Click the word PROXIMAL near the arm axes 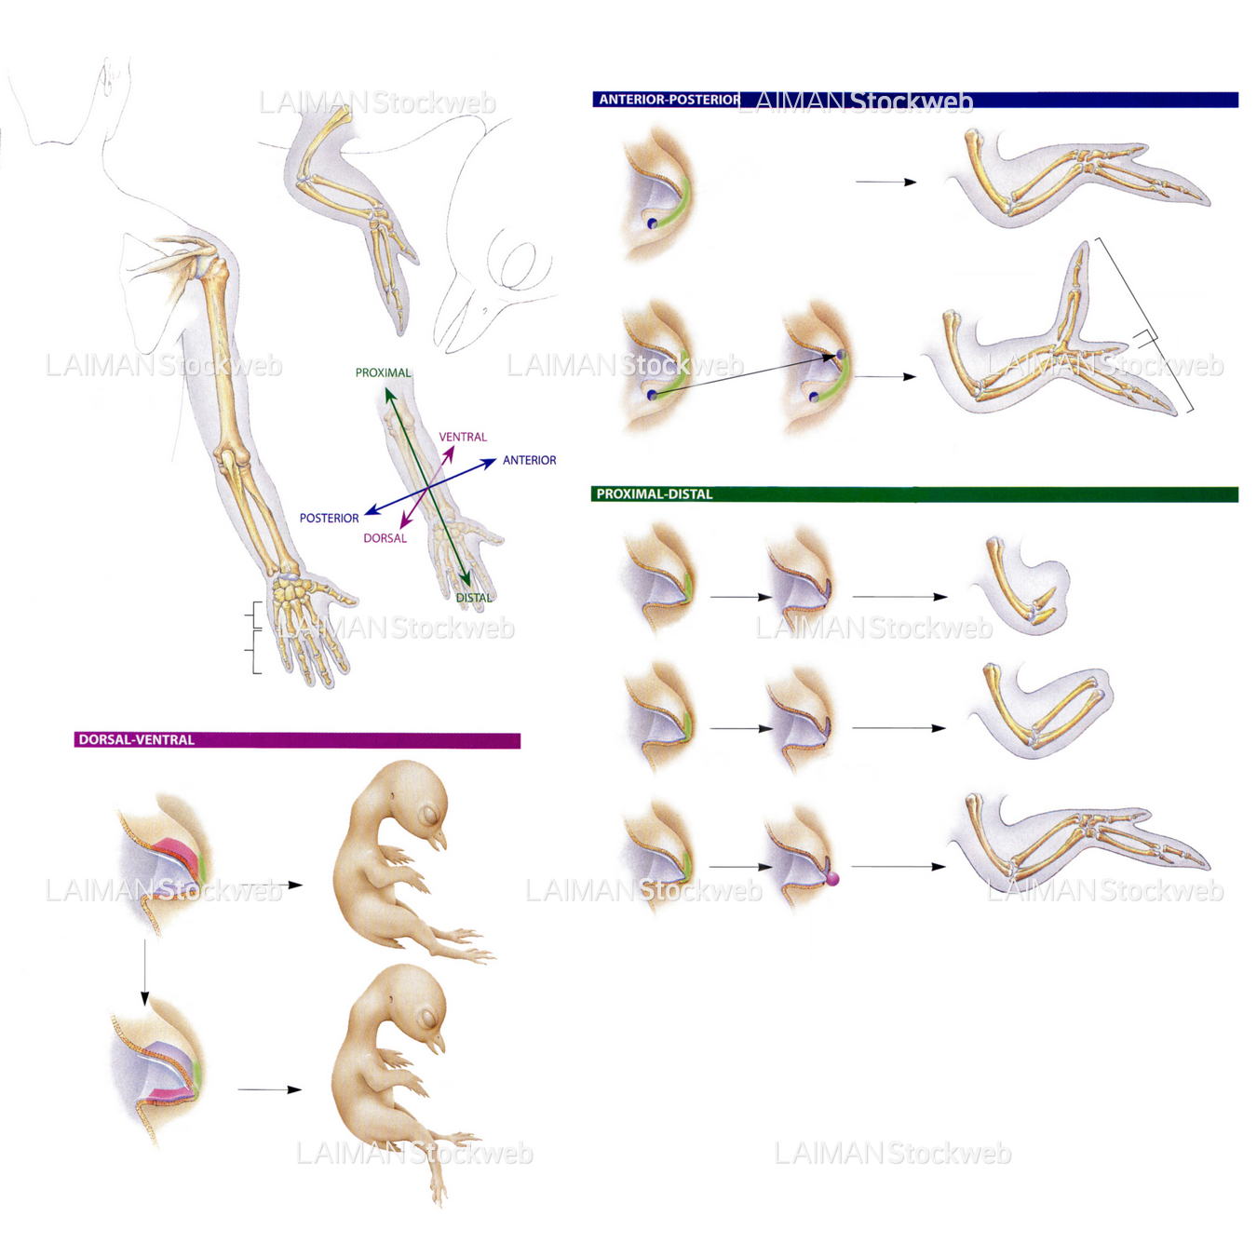point(383,372)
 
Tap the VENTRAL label point(463,437)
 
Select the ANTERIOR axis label point(529,460)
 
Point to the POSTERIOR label point(329,518)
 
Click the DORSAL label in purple point(385,538)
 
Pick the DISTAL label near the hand point(473,598)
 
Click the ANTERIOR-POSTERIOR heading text point(669,100)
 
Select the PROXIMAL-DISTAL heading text point(654,494)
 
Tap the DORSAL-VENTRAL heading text point(136,740)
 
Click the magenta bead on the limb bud point(832,878)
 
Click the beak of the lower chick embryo point(435,1045)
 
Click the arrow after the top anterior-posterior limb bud point(885,182)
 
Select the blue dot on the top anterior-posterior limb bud point(653,223)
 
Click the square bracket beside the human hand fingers point(254,638)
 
